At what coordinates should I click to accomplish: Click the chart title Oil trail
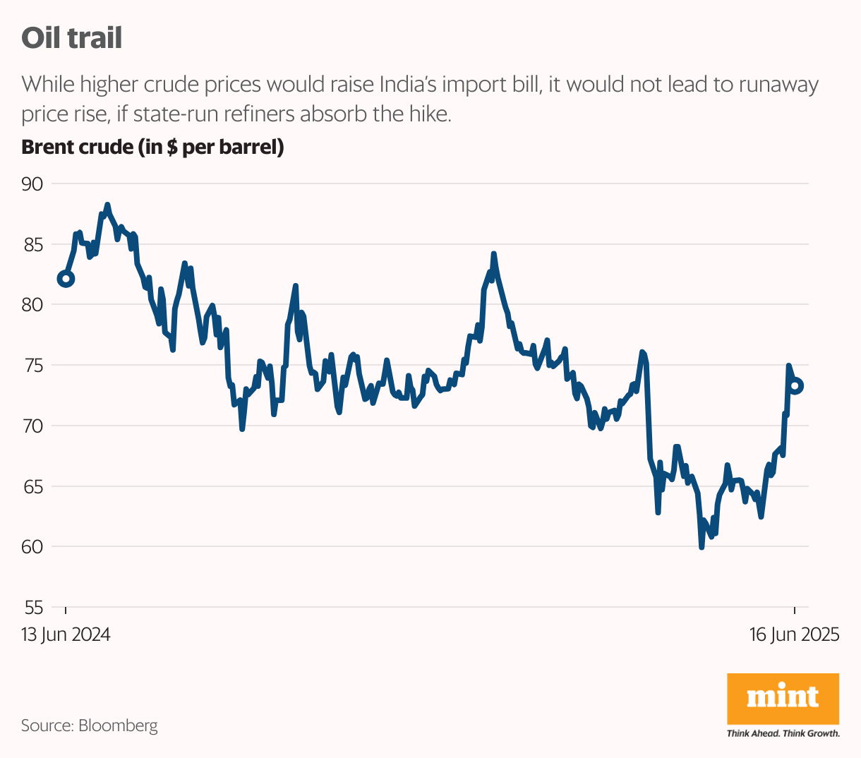[71, 37]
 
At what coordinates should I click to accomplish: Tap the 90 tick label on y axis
[32, 184]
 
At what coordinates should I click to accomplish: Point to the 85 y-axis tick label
[32, 245]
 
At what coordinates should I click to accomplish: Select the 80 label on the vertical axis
[32, 305]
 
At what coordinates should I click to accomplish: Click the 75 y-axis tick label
[32, 366]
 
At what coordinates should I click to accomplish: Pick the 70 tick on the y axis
[32, 426]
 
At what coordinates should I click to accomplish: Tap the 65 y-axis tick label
[32, 486]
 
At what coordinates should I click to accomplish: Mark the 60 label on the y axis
[32, 546]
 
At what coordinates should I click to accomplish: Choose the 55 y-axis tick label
[32, 607]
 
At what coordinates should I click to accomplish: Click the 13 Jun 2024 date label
[66, 634]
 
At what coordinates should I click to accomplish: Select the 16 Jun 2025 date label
[794, 634]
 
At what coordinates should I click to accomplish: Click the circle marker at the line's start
[66, 279]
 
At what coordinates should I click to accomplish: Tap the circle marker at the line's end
[796, 386]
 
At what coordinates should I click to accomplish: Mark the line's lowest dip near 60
[701, 547]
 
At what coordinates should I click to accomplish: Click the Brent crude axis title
[152, 148]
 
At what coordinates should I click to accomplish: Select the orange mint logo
[783, 698]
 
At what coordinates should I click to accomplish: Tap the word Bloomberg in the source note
[118, 725]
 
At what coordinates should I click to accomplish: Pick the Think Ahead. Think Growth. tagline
[783, 733]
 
